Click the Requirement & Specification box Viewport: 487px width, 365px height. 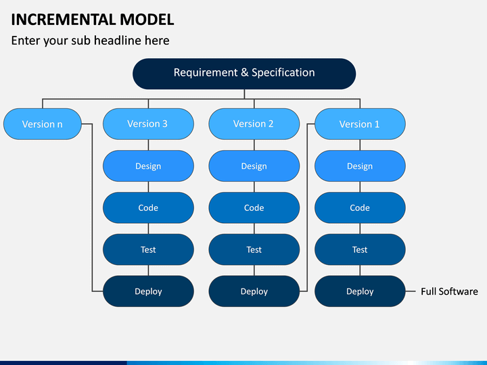(x=244, y=74)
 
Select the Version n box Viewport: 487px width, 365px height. (x=43, y=124)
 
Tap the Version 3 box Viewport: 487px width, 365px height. (x=148, y=124)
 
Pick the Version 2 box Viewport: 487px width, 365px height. (x=254, y=124)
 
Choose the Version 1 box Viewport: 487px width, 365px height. (x=360, y=124)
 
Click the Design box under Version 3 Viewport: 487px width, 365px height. (x=148, y=166)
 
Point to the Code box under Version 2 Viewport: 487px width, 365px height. (x=254, y=208)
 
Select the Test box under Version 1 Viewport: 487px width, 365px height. (x=360, y=249)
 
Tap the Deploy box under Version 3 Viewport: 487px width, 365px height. (x=148, y=291)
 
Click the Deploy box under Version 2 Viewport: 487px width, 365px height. (x=254, y=291)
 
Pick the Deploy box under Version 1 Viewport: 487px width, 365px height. (x=360, y=291)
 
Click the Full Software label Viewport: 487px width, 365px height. (x=449, y=291)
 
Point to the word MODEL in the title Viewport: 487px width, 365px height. (x=147, y=20)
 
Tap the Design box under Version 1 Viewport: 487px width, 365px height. (x=360, y=166)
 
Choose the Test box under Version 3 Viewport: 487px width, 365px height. (x=148, y=249)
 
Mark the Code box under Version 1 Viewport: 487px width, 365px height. (x=360, y=208)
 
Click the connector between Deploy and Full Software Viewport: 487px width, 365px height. (x=411, y=291)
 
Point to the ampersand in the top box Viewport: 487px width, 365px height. (x=245, y=72)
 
